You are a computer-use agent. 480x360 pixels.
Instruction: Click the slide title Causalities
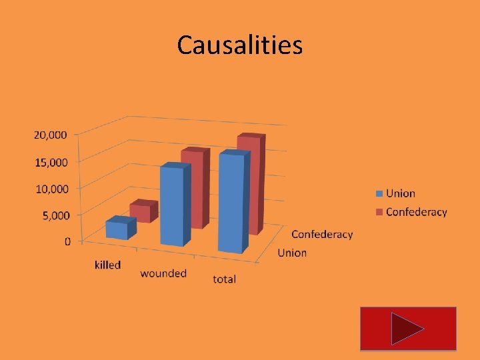pos(240,45)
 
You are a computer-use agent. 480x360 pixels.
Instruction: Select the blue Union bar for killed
pos(119,229)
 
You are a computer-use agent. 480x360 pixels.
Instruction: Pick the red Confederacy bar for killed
pos(142,212)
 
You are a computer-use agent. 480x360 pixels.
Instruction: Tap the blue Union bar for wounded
pos(173,205)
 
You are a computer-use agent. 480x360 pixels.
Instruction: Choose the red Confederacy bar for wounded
pos(194,189)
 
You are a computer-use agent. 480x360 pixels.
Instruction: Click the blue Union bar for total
pos(231,203)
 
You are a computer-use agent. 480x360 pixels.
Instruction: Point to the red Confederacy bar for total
pos(251,184)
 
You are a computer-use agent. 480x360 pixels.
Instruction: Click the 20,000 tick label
pos(51,135)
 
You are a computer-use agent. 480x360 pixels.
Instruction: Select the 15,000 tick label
pos(51,162)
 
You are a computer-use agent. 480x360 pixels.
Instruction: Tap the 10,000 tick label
pos(51,189)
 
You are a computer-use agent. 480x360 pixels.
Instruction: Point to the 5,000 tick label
pos(53,215)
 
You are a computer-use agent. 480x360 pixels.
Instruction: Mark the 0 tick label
pos(68,241)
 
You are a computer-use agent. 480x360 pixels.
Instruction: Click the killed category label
pos(107,265)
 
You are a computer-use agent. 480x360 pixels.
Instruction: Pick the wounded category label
pos(163,273)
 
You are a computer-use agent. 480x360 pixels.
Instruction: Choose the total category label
pos(225,279)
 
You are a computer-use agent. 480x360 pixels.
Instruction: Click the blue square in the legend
pos(379,194)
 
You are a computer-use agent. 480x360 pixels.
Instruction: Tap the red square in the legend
pos(379,213)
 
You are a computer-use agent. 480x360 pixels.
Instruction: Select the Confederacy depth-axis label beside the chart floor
pos(322,235)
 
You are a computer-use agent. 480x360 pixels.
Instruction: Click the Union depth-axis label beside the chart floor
pos(292,253)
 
